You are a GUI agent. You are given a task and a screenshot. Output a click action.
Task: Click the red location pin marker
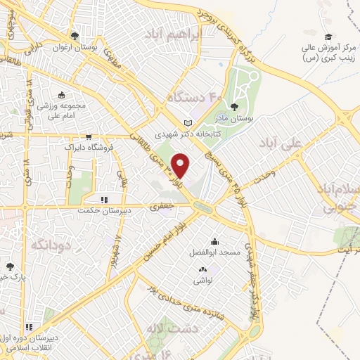click(x=181, y=164)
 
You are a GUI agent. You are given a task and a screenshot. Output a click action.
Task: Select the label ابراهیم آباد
click(x=172, y=34)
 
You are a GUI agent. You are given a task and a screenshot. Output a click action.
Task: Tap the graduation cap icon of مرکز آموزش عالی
click(x=328, y=37)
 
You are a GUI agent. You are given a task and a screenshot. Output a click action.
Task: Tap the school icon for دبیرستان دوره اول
click(x=30, y=327)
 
